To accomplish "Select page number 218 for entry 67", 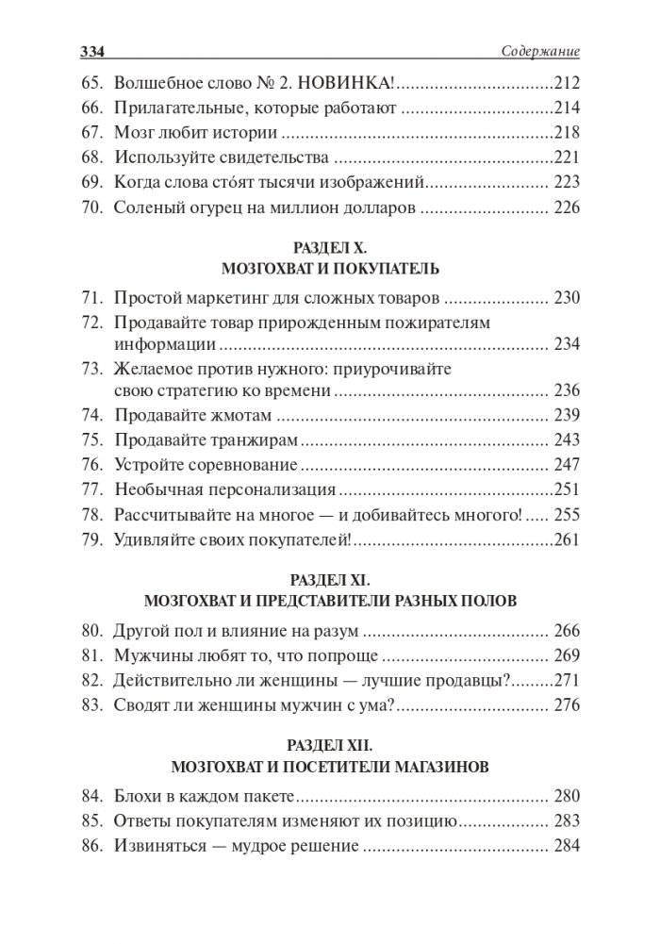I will (x=564, y=132).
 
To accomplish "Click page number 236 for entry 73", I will (x=566, y=389).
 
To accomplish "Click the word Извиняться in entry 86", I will (x=164, y=847).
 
